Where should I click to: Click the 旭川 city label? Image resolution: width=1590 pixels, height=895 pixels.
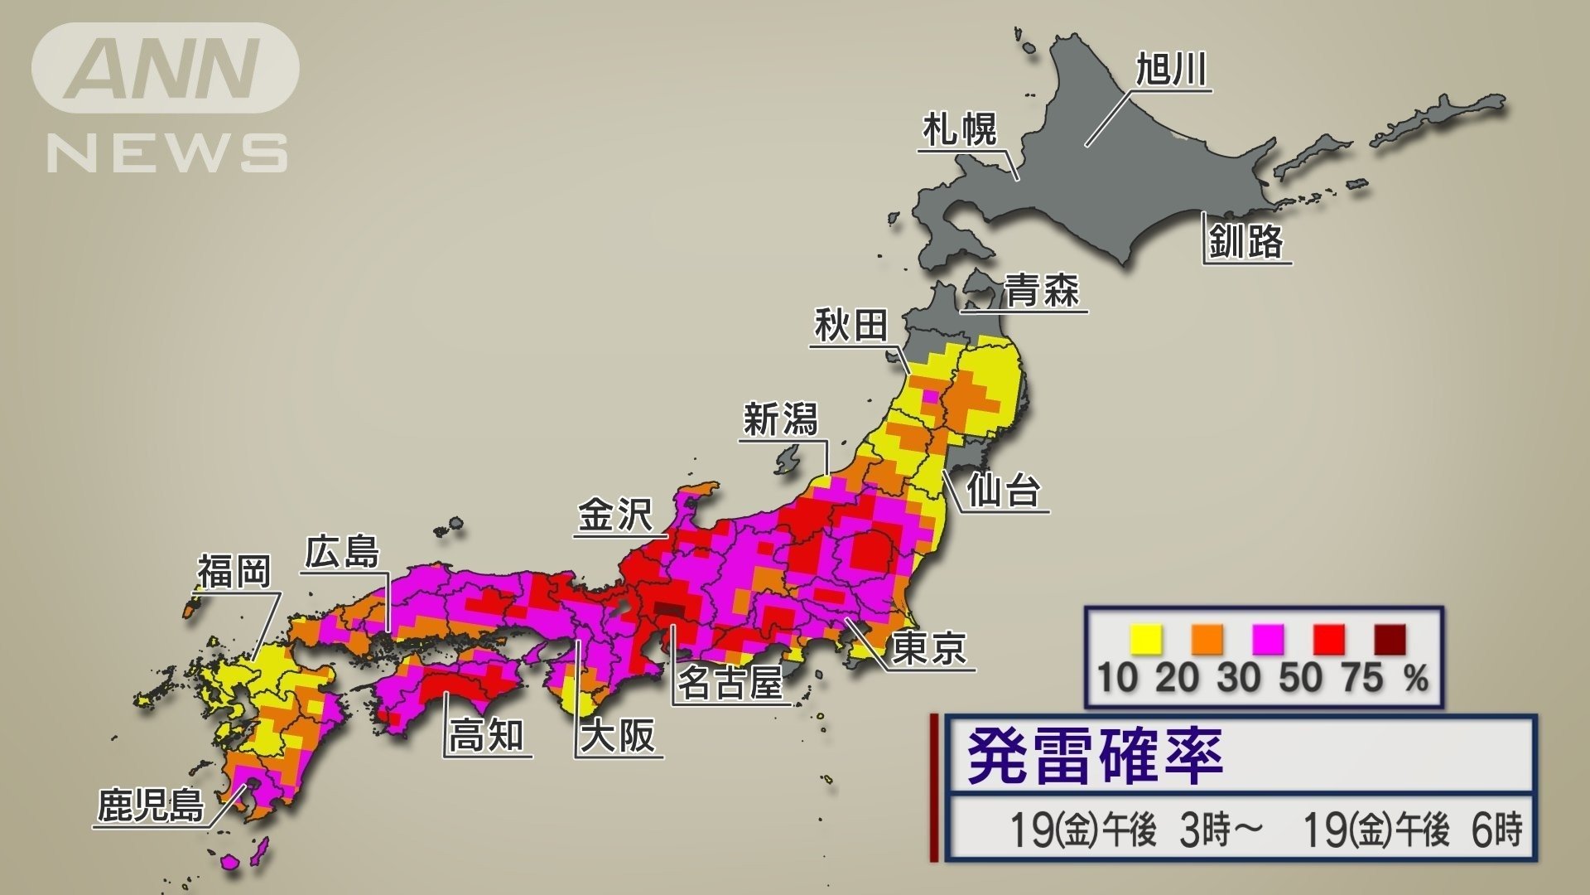click(x=1170, y=69)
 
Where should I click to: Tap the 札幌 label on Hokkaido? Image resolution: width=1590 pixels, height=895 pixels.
click(x=960, y=130)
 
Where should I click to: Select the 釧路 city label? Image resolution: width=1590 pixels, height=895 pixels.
click(x=1245, y=241)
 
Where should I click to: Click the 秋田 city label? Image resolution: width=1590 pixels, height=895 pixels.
click(x=850, y=325)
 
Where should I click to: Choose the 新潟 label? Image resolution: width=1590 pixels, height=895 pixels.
click(x=780, y=418)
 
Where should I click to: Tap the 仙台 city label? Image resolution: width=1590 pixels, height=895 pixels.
click(x=1003, y=491)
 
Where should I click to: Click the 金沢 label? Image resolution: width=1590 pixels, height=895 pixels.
click(x=615, y=515)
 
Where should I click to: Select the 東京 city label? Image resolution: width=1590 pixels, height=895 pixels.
click(x=930, y=647)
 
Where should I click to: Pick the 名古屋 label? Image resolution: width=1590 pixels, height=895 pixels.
click(x=730, y=684)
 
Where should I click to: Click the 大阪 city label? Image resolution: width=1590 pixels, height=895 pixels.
click(x=618, y=735)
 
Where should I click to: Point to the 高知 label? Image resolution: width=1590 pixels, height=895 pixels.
click(x=486, y=734)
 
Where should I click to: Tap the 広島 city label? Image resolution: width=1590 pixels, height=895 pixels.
click(x=342, y=551)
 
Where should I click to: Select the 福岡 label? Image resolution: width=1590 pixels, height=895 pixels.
click(x=234, y=571)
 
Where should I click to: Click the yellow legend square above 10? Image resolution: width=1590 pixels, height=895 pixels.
click(x=1146, y=641)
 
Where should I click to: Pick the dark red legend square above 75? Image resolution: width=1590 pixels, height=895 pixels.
click(x=1390, y=641)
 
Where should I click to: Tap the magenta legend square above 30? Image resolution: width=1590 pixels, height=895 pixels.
click(x=1268, y=641)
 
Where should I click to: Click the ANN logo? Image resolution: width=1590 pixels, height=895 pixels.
click(x=166, y=68)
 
